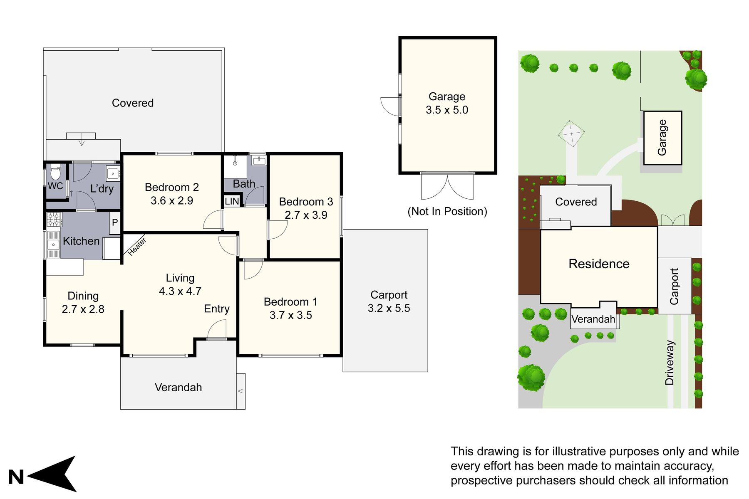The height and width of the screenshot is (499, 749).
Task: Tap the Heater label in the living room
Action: [x=136, y=247]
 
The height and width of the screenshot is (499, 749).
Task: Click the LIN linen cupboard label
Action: [x=232, y=201]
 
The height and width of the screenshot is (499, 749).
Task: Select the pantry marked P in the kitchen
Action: [x=115, y=222]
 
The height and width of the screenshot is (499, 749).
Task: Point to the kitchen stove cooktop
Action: [x=53, y=219]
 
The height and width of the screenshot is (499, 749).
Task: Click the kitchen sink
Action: [x=53, y=245]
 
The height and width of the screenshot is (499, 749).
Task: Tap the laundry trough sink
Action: [x=113, y=173]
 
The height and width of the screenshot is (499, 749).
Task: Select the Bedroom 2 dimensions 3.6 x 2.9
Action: [x=172, y=200]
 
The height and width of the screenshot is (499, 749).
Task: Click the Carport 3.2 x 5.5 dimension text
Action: [x=389, y=308]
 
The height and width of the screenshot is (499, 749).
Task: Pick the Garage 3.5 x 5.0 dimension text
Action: [x=447, y=110]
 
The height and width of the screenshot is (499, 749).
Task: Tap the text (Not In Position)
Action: [x=447, y=211]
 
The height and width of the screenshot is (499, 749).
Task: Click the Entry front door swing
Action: [x=216, y=330]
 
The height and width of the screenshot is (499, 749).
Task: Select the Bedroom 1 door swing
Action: [x=253, y=269]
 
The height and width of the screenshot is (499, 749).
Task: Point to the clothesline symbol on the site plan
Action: [x=571, y=133]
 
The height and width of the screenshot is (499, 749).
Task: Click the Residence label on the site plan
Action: [x=599, y=264]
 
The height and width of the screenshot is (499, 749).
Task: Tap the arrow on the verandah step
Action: [x=241, y=391]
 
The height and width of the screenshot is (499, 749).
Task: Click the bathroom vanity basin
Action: [x=259, y=161]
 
